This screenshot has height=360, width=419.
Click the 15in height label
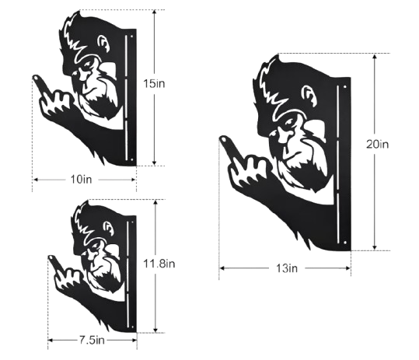(154, 84)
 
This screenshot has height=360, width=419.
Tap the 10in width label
(81, 180)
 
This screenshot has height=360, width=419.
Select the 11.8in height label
(159, 264)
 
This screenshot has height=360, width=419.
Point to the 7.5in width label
(92, 341)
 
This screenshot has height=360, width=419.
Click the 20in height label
(377, 145)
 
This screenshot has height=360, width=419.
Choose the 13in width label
(287, 268)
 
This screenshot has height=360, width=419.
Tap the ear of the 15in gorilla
(103, 44)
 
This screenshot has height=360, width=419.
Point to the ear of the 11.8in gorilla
(109, 227)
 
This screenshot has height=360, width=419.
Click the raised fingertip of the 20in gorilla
(223, 138)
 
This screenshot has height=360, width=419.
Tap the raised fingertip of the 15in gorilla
(35, 78)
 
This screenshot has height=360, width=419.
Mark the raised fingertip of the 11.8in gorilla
(51, 257)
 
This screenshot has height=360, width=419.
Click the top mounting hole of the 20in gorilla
(344, 87)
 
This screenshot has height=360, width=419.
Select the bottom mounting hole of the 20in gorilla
(344, 242)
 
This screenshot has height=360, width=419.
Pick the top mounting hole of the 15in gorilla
(131, 37)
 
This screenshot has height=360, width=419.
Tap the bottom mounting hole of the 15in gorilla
(131, 159)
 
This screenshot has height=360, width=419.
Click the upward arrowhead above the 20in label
(375, 57)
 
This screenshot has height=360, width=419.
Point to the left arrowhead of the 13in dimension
(222, 267)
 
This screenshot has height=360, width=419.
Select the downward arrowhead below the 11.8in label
(155, 330)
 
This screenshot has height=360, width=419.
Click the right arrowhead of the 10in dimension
(134, 180)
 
